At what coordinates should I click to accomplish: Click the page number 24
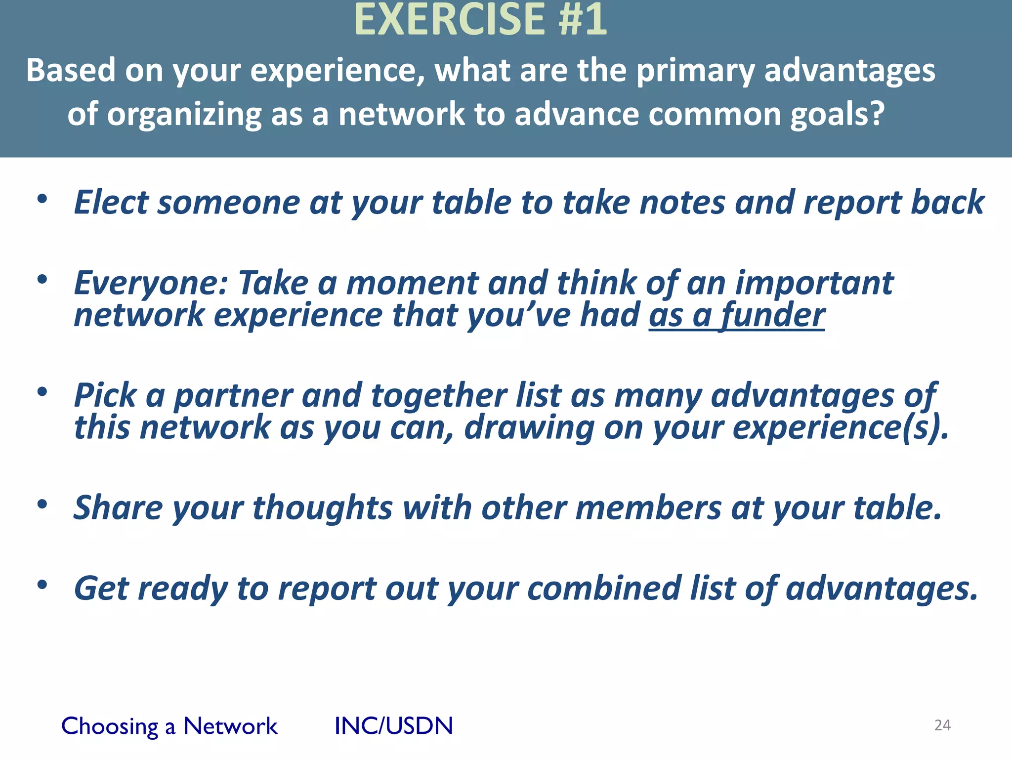click(x=942, y=725)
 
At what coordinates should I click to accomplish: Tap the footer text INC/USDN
click(x=393, y=726)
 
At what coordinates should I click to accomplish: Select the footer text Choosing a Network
click(x=169, y=726)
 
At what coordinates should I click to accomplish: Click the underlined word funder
click(x=773, y=315)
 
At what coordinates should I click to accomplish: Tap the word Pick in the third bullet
click(x=105, y=395)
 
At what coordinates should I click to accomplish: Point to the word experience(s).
click(x=840, y=427)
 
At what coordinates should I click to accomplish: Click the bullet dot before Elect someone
click(x=42, y=199)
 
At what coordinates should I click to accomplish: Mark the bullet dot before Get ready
click(x=42, y=585)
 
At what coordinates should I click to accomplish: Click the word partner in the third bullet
click(x=234, y=396)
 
